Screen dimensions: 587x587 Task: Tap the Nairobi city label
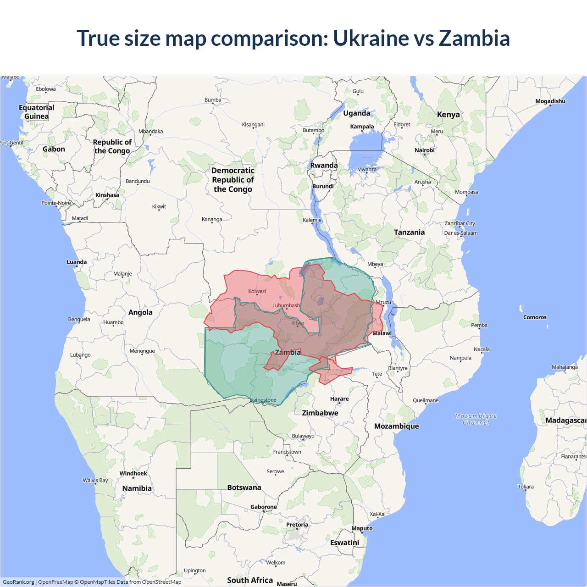point(424,150)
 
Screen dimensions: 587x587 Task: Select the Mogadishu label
point(550,101)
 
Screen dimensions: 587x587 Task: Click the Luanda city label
point(77,262)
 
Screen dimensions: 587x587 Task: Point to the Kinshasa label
point(107,195)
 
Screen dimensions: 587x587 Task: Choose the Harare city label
point(339,399)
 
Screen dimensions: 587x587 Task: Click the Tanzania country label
point(409,233)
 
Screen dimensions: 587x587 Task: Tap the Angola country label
point(140,313)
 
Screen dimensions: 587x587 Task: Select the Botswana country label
point(244,487)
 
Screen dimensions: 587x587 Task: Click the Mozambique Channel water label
point(476,419)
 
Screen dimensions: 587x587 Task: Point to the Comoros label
point(535,317)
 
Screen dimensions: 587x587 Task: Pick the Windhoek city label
point(133,474)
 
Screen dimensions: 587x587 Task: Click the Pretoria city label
point(297,525)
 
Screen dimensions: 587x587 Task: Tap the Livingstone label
point(263,400)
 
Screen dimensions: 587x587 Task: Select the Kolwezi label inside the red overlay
point(257,291)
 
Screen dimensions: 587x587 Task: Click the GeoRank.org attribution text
point(18,582)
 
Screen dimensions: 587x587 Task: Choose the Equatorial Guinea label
point(37,112)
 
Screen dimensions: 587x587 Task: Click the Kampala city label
point(362,127)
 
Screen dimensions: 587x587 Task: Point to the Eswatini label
point(344,543)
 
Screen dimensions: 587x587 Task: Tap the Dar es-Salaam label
point(461,233)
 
